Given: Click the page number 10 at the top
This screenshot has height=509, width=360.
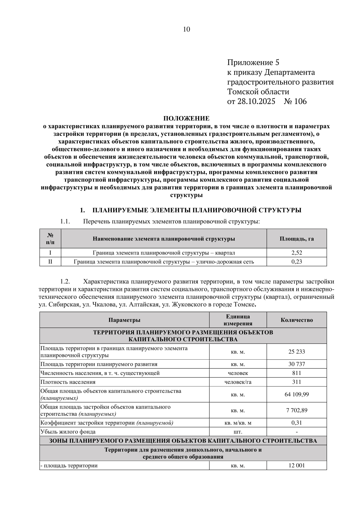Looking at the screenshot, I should point(186,29).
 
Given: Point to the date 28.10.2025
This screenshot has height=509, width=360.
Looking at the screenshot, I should point(256,101).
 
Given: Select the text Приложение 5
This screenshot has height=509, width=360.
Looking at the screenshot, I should point(253,62).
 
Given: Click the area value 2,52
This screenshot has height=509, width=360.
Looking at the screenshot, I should point(296,253).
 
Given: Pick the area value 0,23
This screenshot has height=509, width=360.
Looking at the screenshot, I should point(296,262).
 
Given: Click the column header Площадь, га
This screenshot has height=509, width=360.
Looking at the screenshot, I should point(296,239).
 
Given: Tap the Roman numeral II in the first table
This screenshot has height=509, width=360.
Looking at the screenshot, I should point(50,262).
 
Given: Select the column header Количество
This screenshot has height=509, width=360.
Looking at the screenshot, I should point(296,320).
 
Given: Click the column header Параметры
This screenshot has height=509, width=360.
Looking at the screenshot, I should point(124,320).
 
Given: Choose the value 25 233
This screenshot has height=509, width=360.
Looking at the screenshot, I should point(296,352).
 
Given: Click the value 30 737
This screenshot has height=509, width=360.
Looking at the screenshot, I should point(296,364).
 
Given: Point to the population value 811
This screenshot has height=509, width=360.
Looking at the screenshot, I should point(296,373).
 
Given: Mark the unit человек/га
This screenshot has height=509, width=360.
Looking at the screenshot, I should point(238,382).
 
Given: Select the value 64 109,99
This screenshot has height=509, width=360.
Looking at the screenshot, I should point(296,394).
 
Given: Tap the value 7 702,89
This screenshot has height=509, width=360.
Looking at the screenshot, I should point(296,410).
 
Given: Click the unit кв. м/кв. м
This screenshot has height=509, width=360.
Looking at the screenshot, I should point(238,423).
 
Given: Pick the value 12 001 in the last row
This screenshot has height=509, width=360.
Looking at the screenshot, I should point(296,466).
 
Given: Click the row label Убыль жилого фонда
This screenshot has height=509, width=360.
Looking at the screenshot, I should point(68,432).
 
